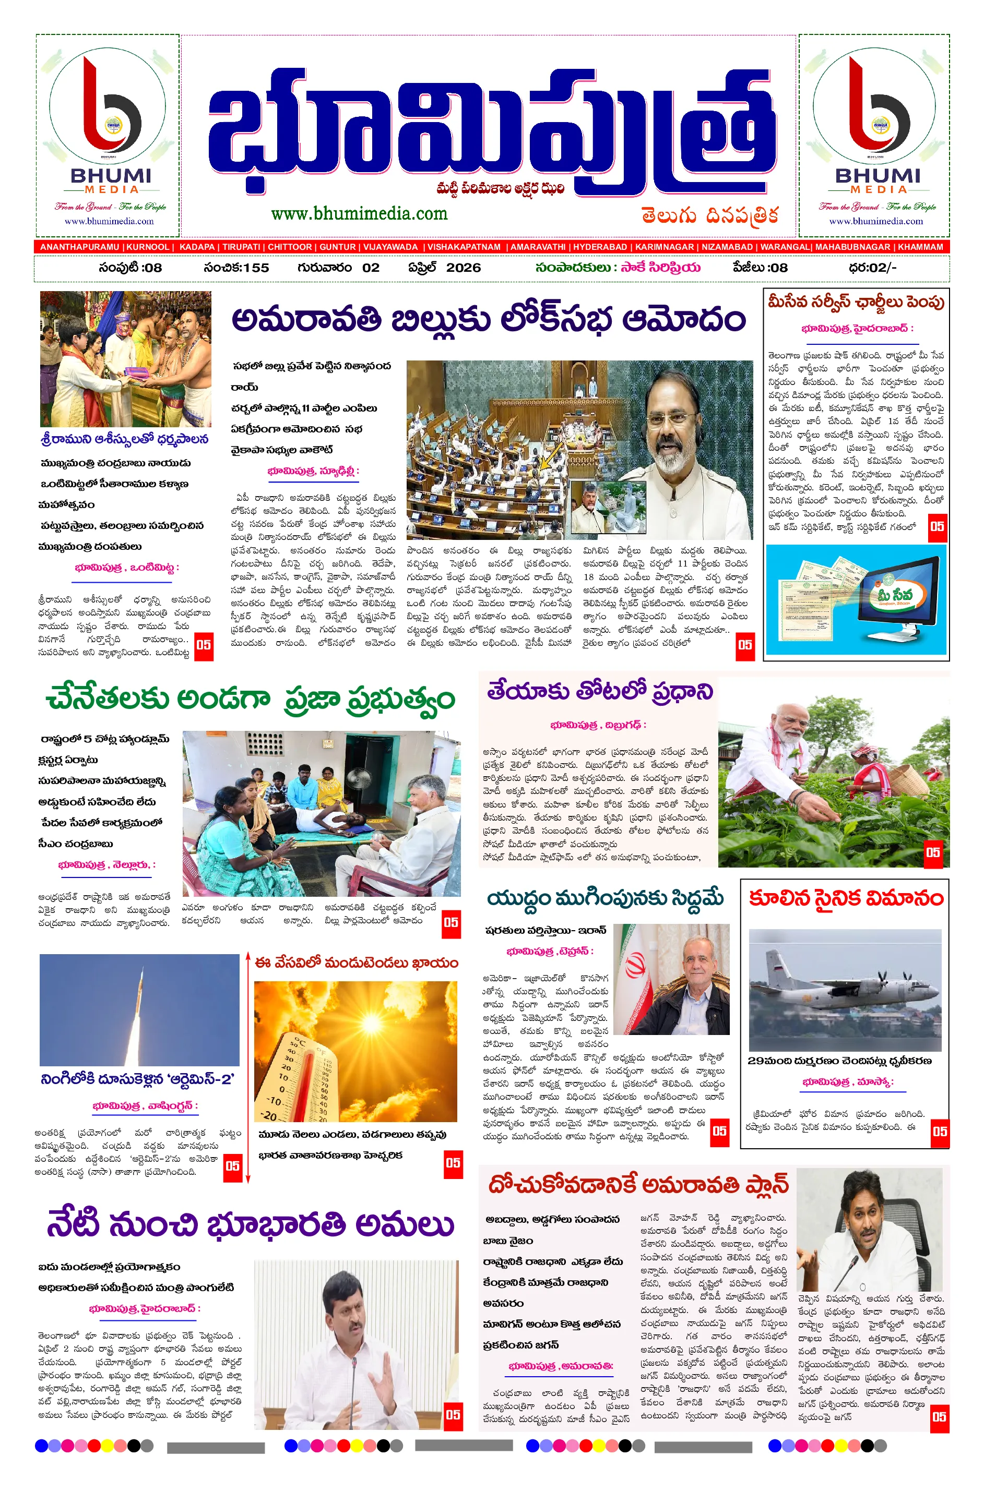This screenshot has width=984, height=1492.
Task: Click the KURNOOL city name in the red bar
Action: click(148, 247)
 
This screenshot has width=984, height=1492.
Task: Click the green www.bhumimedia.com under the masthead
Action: click(359, 213)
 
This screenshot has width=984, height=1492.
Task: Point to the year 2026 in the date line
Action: click(463, 268)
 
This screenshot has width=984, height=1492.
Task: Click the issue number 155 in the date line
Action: click(256, 268)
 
